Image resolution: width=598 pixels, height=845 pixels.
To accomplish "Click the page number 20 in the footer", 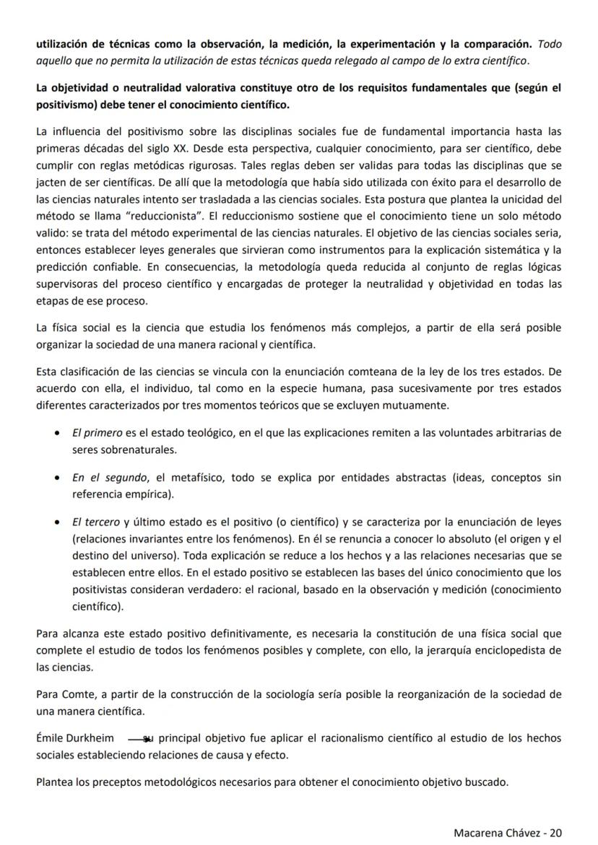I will [x=555, y=832].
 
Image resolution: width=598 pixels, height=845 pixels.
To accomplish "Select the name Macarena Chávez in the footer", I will [x=496, y=832].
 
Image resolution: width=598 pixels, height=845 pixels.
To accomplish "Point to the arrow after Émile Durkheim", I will [x=139, y=738].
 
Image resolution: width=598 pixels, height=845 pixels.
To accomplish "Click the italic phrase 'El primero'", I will [x=97, y=433].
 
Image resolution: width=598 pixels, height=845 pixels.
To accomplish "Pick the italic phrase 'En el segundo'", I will [x=108, y=477].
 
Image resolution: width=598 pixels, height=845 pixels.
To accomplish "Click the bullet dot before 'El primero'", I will [x=57, y=434].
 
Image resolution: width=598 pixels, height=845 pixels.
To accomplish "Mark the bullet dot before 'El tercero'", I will [x=57, y=522].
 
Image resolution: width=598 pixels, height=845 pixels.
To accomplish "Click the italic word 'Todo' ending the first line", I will [x=550, y=45].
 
